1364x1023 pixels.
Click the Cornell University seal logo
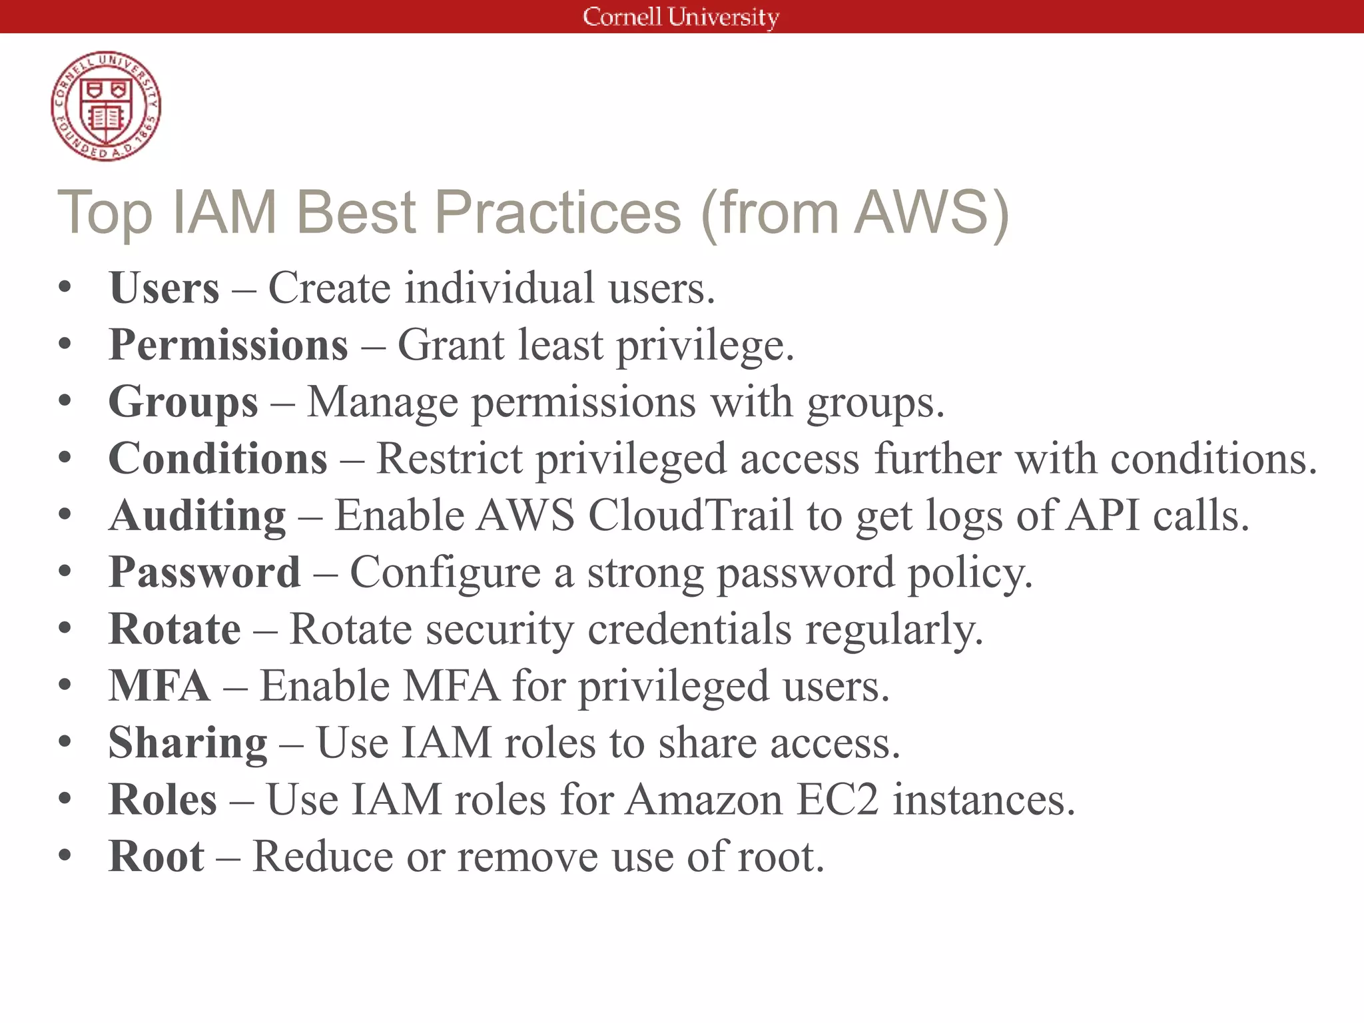point(106,106)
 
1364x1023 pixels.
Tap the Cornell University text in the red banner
point(681,17)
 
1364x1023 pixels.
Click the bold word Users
point(164,288)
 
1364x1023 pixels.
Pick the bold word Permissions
point(228,345)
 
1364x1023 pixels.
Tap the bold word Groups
point(183,402)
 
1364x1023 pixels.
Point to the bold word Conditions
point(218,459)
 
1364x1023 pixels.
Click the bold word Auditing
point(198,516)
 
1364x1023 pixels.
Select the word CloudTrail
point(691,516)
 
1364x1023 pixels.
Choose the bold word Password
point(204,573)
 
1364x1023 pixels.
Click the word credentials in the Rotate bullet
point(689,629)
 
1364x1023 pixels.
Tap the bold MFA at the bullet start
point(159,686)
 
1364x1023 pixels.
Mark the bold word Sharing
point(188,743)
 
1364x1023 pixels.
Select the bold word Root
point(157,856)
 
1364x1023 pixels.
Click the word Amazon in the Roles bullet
point(704,799)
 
